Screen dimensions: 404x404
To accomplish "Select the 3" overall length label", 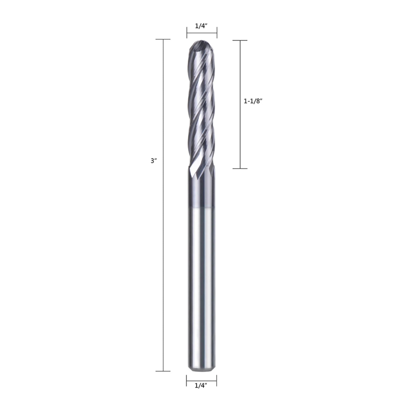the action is click(x=154, y=161).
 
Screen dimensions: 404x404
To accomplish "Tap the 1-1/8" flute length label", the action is click(x=253, y=101).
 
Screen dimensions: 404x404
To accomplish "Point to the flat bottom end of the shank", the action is click(x=201, y=372).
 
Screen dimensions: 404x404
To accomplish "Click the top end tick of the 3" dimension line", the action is click(x=163, y=39).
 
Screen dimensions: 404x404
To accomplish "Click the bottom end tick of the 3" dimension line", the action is click(x=163, y=371).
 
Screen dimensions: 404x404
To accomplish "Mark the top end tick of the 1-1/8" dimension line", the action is click(x=240, y=40).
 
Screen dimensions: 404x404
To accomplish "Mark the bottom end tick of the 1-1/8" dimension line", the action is click(x=240, y=169).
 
